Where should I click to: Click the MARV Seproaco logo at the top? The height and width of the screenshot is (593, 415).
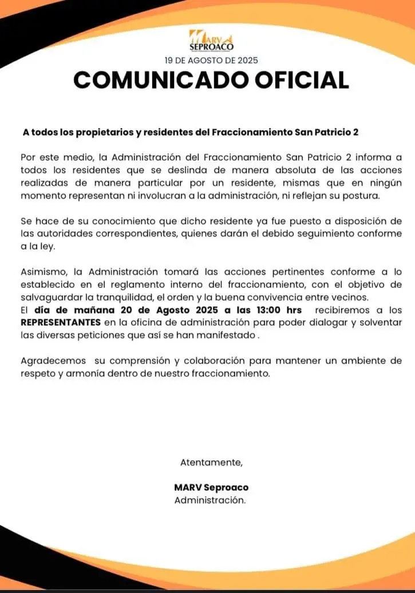click(x=211, y=39)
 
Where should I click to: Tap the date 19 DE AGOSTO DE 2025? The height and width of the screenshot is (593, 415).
click(x=211, y=59)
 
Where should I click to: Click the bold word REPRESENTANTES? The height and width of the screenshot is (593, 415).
click(x=61, y=322)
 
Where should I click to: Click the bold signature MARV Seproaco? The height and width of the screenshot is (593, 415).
click(x=211, y=488)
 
